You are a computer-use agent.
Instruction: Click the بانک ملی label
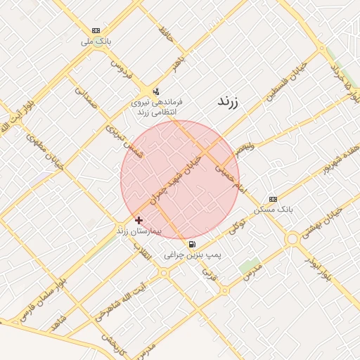96,41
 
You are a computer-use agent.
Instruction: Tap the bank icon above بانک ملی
96,31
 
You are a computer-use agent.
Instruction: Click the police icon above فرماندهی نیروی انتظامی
155,91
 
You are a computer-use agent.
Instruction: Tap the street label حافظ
166,33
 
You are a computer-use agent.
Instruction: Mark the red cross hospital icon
139,221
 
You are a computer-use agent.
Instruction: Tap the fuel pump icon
193,244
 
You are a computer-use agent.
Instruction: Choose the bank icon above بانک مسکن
274,199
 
